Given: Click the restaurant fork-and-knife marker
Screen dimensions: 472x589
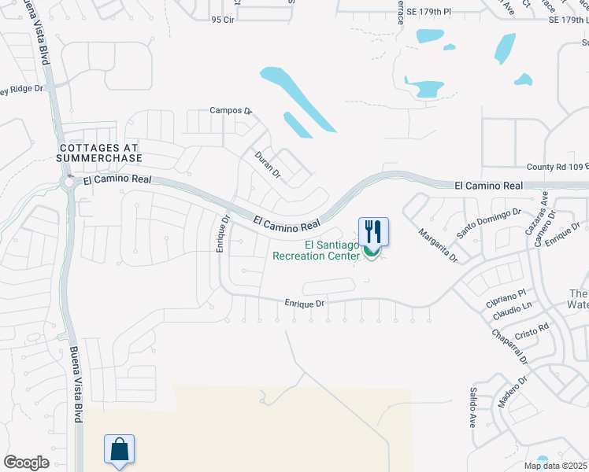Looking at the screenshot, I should pyautogui.click(x=373, y=231).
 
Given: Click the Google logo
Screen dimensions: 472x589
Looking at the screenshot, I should pyautogui.click(x=26, y=463).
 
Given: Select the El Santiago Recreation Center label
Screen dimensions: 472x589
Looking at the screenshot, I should pyautogui.click(x=317, y=250).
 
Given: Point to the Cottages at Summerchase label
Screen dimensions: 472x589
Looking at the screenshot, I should pyautogui.click(x=98, y=153).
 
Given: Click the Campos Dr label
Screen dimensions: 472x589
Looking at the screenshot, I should pyautogui.click(x=230, y=112).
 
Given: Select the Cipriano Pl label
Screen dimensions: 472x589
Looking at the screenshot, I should pyautogui.click(x=506, y=299).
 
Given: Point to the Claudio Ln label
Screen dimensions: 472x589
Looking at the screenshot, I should pyautogui.click(x=513, y=312).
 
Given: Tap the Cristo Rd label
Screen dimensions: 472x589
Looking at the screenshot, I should pyautogui.click(x=532, y=330).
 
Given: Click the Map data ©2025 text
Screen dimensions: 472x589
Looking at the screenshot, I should pyautogui.click(x=555, y=466).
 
